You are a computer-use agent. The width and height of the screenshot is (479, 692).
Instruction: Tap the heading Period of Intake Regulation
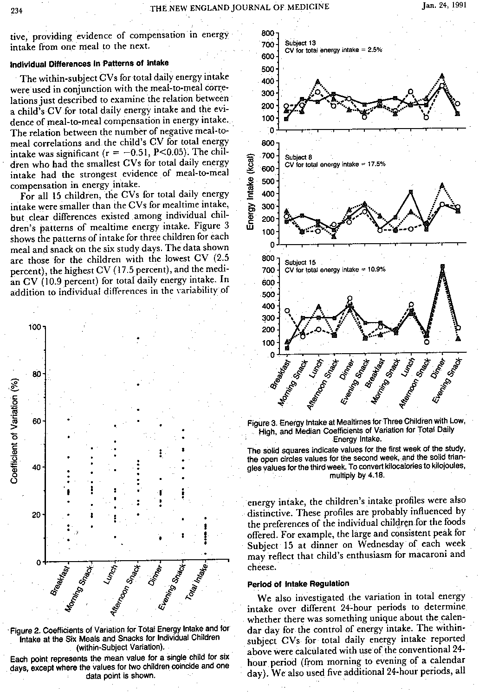tap(298, 583)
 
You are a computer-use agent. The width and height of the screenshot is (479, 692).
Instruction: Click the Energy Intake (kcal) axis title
tap(251, 191)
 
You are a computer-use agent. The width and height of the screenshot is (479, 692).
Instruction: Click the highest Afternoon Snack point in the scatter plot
tap(138, 338)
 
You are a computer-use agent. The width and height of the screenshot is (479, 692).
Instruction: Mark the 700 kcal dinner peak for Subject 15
tap(442, 267)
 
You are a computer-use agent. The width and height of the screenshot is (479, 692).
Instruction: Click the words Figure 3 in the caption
tap(263, 423)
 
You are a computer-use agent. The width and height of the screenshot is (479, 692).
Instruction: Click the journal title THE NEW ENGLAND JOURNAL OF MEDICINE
tap(239, 6)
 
